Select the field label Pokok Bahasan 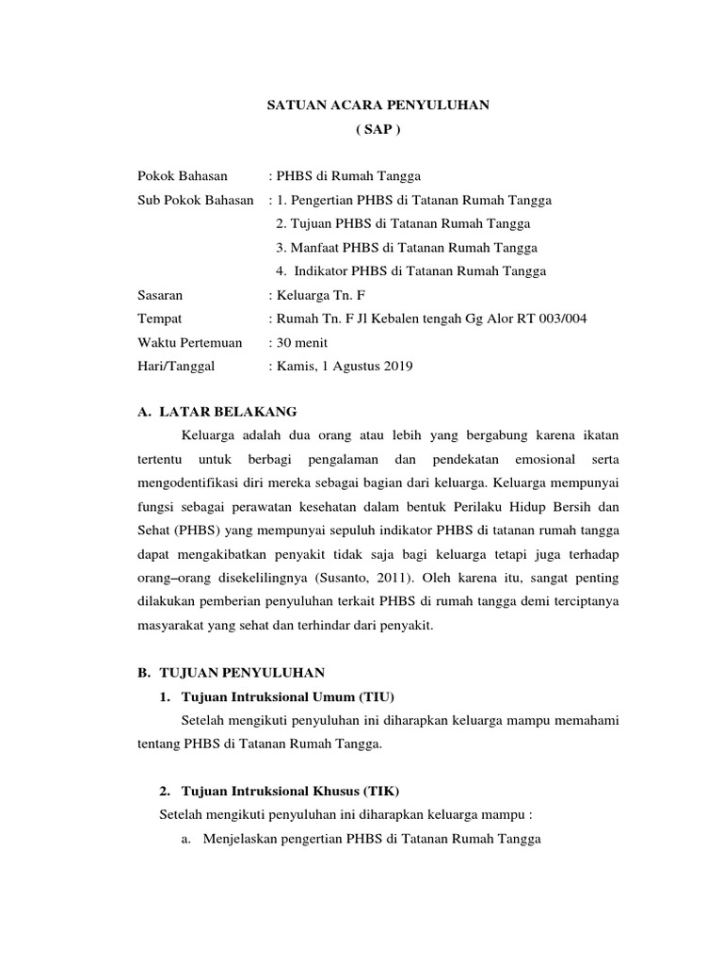coord(177,176)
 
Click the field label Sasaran coord(160,296)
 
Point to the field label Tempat coord(159,319)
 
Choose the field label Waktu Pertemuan coord(189,343)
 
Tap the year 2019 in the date coord(396,367)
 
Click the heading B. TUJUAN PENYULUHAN coord(231,672)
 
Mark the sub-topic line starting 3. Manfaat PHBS coord(407,248)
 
